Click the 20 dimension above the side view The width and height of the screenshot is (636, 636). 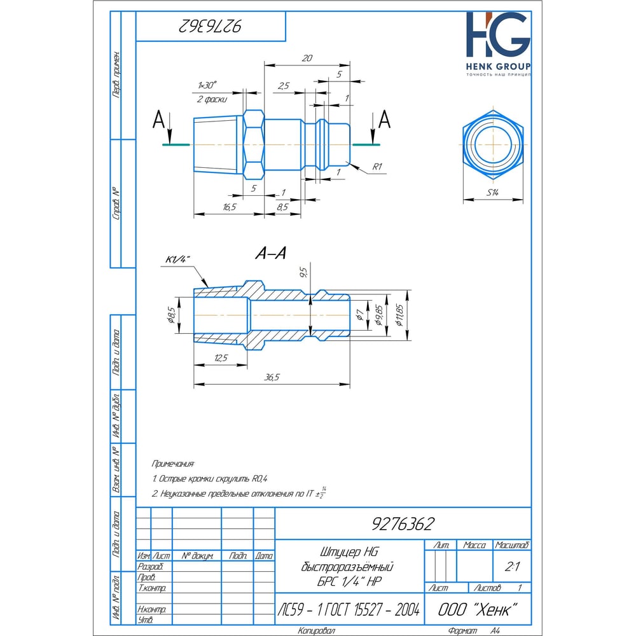(307, 58)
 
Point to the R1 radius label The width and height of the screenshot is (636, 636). (377, 166)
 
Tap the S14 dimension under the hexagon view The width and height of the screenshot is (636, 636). (493, 193)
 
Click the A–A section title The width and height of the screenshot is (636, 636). (270, 253)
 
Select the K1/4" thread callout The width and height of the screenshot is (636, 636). (179, 259)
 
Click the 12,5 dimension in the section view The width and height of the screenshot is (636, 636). (220, 358)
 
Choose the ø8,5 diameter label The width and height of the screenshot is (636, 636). (171, 315)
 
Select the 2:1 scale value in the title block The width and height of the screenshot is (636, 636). (510, 565)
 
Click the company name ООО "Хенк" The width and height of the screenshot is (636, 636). (476, 609)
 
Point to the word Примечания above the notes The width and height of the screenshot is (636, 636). (174, 464)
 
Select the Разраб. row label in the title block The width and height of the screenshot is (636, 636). (151, 566)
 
